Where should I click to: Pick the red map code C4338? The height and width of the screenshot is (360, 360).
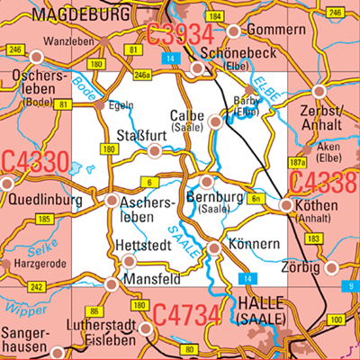click(325, 184)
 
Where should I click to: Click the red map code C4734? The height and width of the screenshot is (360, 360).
click(185, 316)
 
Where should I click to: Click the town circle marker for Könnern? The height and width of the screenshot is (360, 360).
click(214, 247)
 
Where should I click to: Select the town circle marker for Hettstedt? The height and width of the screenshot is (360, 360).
click(129, 261)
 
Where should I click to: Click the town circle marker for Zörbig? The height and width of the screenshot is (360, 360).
click(332, 267)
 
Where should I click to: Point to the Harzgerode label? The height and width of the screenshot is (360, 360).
click(43, 265)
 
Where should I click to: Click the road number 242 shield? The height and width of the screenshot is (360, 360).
click(36, 287)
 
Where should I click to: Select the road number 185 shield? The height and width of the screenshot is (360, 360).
click(43, 219)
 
